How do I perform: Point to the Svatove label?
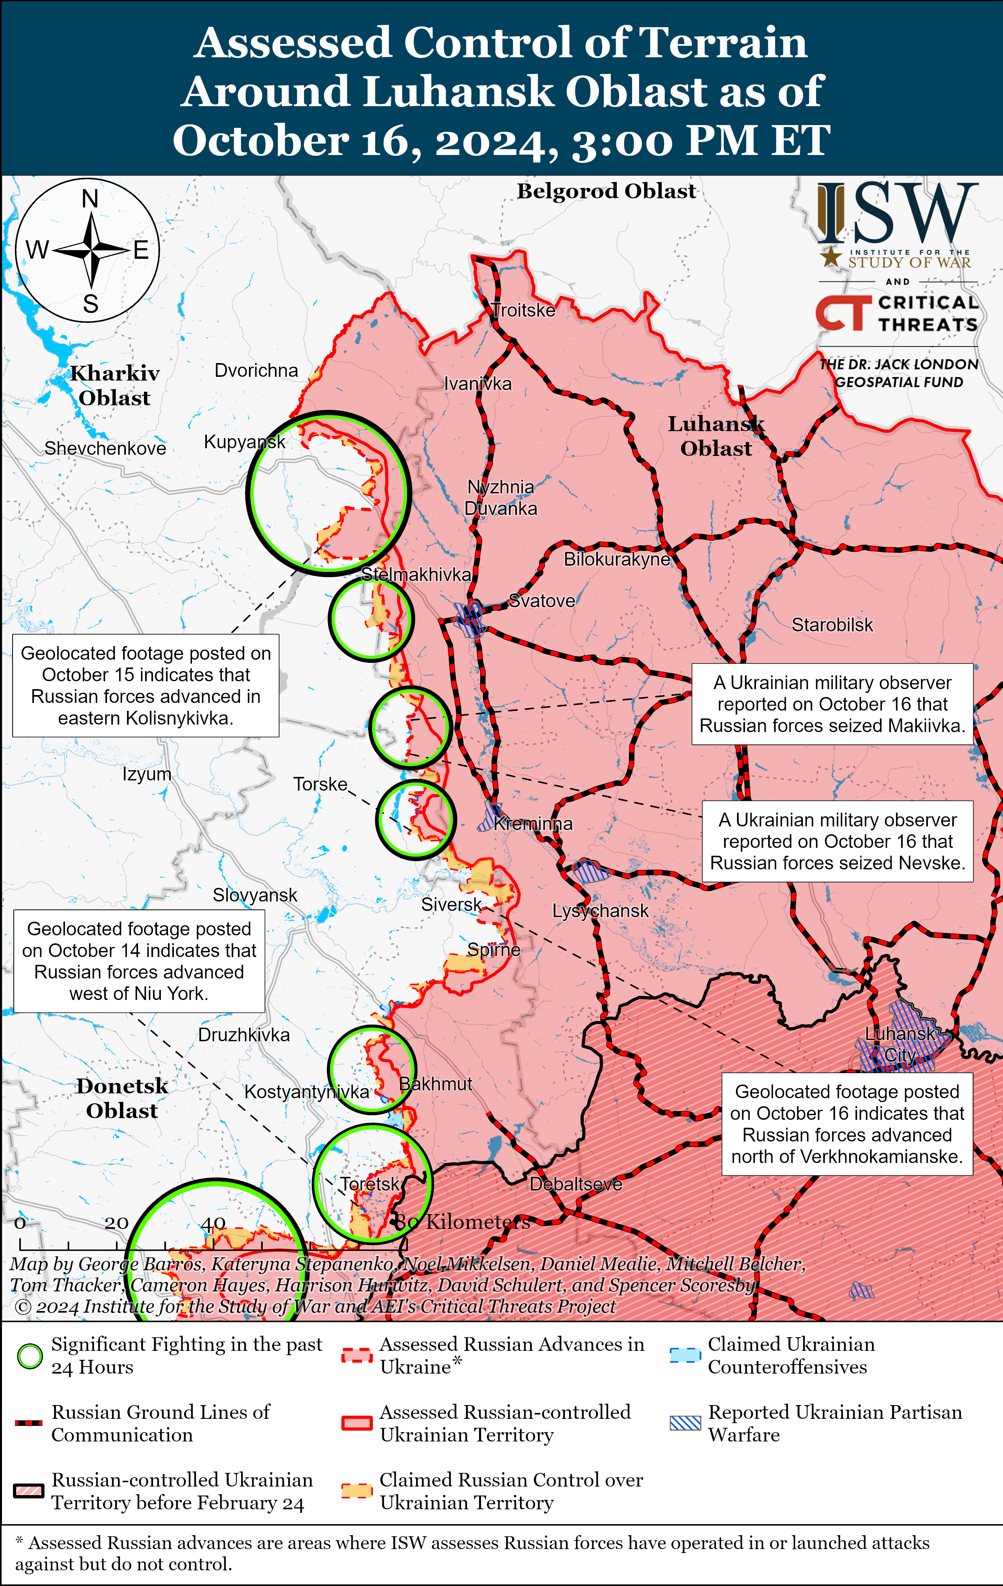coord(542,601)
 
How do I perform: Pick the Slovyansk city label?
coord(255,895)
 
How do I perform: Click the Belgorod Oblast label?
coord(606,191)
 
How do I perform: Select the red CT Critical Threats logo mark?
coord(840,313)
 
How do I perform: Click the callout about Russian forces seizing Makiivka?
coord(832,704)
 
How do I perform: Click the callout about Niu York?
coord(139,961)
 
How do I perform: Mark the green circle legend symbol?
coord(29,1356)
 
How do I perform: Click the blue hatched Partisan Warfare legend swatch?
coord(685,1423)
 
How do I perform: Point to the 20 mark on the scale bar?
coord(116,1224)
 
